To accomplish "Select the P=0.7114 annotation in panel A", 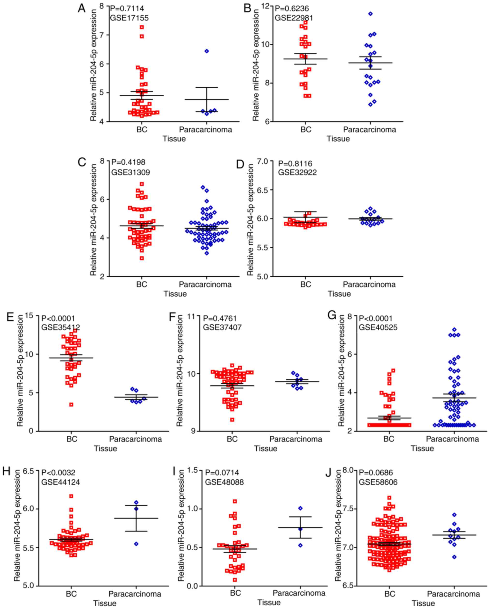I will (x=127, y=9).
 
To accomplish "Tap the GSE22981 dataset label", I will (x=294, y=18).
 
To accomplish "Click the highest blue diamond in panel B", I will (x=370, y=14).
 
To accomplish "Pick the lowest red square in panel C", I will (x=142, y=258).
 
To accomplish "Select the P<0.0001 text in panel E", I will (x=58, y=319).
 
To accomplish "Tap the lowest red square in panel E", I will (x=72, y=405).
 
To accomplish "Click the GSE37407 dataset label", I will (x=222, y=328).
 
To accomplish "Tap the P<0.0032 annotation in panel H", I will (x=58, y=472).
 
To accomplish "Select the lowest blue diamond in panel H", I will (x=136, y=544).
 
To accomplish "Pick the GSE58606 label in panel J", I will (x=378, y=482).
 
